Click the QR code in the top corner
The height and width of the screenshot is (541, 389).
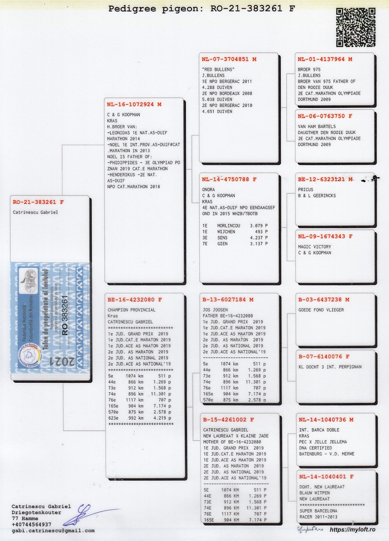tap(356, 28)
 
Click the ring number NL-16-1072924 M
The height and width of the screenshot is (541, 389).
tap(134, 104)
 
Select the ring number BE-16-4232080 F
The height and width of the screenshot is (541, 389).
tap(135, 299)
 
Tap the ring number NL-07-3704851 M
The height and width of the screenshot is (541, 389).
tap(225, 59)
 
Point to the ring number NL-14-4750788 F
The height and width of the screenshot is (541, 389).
tap(229, 179)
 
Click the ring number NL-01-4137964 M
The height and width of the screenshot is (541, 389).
tap(325, 59)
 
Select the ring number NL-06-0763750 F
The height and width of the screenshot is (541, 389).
tap(325, 116)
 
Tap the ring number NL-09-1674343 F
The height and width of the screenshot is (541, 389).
tap(325, 236)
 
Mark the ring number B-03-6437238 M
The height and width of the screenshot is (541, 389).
tap(323, 299)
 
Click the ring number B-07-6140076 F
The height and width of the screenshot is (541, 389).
tap(323, 357)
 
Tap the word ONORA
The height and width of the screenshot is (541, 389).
tap(208, 189)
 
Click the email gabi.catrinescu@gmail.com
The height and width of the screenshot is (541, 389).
tap(53, 530)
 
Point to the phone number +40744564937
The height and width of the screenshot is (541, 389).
tap(31, 524)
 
